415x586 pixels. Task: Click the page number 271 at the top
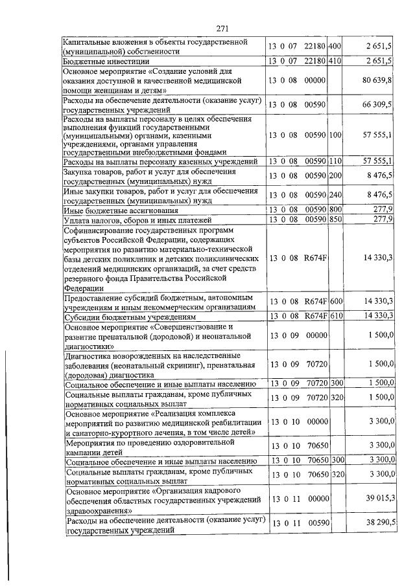tap(223, 28)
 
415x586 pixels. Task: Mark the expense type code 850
tap(335, 220)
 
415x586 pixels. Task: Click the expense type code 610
tap(335, 316)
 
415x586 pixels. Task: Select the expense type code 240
tap(335, 195)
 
